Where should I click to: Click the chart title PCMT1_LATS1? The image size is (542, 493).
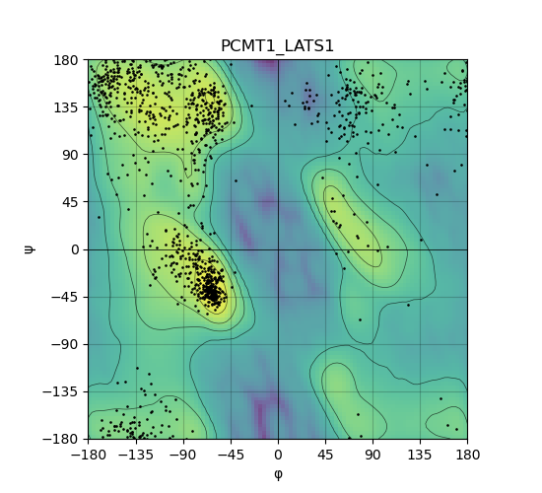[x=277, y=46]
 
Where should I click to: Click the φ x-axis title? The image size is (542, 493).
[x=278, y=474]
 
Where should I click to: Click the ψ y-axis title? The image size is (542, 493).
[x=29, y=249]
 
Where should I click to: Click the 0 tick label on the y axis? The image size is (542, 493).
[x=75, y=249]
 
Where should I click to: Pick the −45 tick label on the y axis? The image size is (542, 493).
[x=65, y=297]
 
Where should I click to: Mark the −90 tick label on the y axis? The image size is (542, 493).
[x=65, y=344]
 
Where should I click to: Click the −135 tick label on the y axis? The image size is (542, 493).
[x=61, y=391]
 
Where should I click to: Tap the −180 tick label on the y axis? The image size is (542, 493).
[x=61, y=439]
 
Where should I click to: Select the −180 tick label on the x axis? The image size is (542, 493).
[x=88, y=455]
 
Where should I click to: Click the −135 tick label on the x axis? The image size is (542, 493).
[x=136, y=455]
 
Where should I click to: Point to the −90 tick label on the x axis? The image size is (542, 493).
[x=183, y=455]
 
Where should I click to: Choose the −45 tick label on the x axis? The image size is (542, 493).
[x=231, y=455]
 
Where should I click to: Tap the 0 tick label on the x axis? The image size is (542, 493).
[x=278, y=455]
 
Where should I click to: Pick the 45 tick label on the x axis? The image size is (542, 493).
[x=325, y=455]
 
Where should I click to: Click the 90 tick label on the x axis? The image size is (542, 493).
[x=373, y=455]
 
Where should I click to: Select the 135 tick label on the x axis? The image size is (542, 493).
[x=420, y=455]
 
